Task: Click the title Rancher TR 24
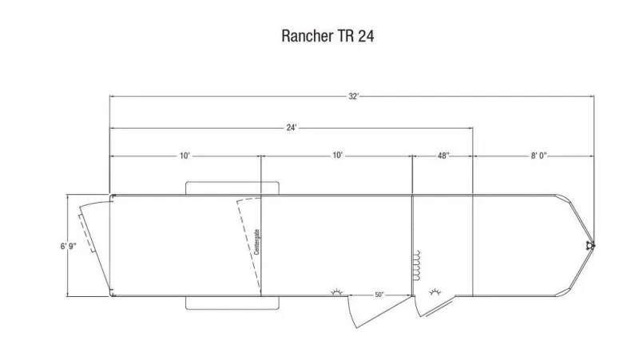(327, 36)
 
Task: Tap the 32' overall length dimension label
(353, 97)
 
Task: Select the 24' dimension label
(291, 128)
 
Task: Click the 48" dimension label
(443, 156)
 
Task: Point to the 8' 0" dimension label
(538, 156)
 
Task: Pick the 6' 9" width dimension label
(69, 246)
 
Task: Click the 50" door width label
(379, 295)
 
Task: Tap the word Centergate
(256, 242)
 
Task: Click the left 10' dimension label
(185, 156)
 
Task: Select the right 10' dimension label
(337, 156)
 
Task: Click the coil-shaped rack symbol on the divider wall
(416, 265)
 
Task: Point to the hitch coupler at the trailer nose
(590, 245)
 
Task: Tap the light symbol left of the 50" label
(337, 291)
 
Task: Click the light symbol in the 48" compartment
(435, 291)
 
